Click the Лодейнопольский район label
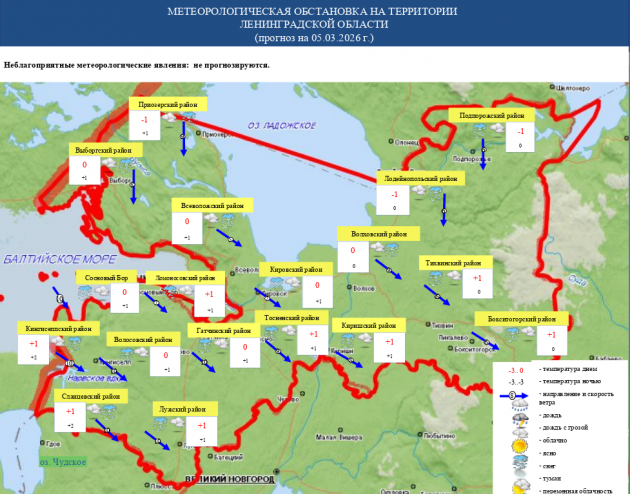pyautogui.click(x=421, y=178)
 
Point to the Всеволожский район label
pyautogui.click(x=210, y=205)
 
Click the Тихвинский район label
pyautogui.click(x=454, y=262)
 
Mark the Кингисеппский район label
pyautogui.click(x=55, y=328)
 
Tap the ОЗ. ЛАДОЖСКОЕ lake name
pyautogui.click(x=282, y=125)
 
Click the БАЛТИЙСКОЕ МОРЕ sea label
pyautogui.click(x=47, y=259)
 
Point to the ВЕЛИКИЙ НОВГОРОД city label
pyautogui.click(x=229, y=480)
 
